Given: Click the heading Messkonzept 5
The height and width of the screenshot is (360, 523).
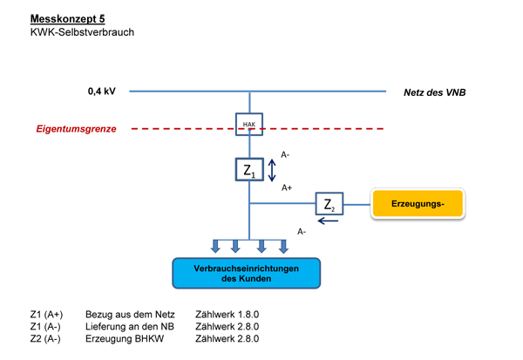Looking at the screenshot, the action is tap(68, 18).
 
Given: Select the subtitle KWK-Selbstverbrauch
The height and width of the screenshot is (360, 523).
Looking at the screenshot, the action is tap(82, 32).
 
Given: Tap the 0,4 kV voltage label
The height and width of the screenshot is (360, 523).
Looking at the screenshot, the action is tap(102, 91).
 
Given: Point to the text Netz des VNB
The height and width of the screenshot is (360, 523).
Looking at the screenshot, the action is tap(435, 92).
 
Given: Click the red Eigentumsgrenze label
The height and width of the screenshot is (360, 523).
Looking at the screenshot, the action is tap(77, 129).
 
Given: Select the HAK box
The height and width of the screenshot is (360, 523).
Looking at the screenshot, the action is tap(249, 124).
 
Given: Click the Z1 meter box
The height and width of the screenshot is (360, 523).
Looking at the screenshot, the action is tap(249, 169).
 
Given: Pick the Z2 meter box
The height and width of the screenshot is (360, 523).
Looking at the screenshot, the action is tap(329, 203).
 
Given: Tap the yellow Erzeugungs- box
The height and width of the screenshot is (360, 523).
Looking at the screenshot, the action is tap(418, 203).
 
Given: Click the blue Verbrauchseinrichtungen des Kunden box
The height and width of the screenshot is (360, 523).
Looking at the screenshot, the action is tap(246, 273).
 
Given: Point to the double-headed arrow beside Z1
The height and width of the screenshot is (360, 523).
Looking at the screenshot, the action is tap(272, 170).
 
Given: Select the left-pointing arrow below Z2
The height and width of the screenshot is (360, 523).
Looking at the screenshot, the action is tap(329, 221).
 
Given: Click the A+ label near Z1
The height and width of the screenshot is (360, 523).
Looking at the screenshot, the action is tap(287, 187).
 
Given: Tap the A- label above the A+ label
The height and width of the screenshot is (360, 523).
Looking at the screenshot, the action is tap(285, 155).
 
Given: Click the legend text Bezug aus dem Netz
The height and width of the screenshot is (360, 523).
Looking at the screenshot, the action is tap(130, 315).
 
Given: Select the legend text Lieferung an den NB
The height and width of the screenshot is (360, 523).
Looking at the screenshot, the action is tap(130, 327).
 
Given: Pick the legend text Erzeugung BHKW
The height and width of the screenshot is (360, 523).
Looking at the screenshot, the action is tap(125, 339).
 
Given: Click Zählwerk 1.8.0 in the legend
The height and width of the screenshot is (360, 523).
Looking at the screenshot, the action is tap(228, 315).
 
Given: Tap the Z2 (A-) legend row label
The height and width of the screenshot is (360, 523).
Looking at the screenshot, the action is tap(45, 339).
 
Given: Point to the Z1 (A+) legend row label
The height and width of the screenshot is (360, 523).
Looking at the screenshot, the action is tap(46, 315).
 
